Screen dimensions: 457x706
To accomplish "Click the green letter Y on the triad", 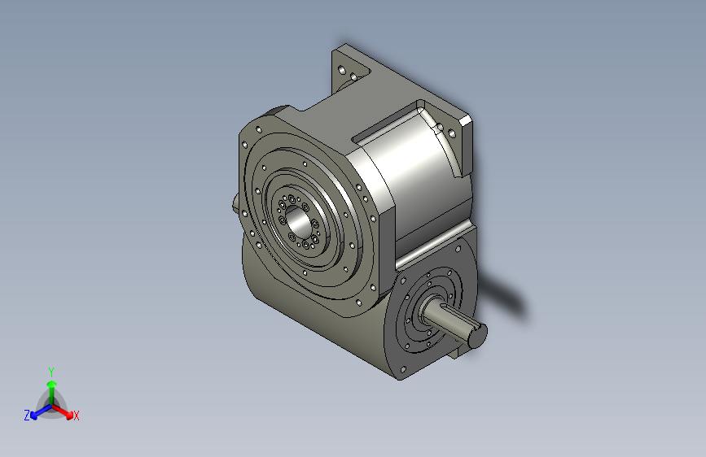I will pos(50,370).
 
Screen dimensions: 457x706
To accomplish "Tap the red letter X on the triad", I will pos(77,416).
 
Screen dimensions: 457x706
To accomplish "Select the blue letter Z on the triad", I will pos(27,416).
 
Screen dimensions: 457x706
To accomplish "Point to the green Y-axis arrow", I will pos(50,385).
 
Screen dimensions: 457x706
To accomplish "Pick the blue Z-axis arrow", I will pos(37,411).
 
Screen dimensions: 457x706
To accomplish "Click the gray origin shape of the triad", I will pos(50,402).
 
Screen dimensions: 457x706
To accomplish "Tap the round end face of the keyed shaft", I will pos(477,332).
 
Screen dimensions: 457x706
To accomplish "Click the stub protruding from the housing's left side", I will pos(235,204).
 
